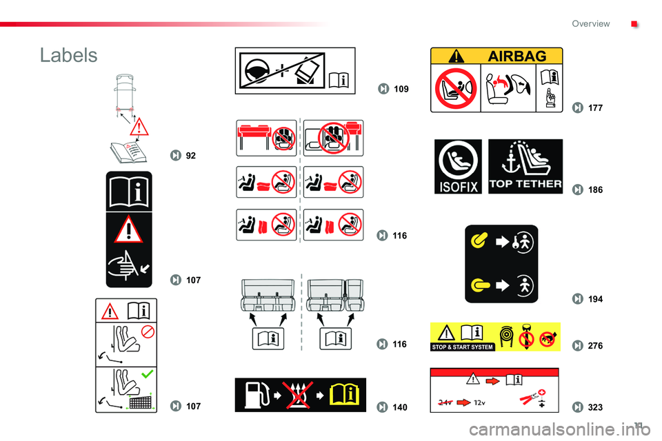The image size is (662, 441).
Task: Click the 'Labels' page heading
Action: [x=68, y=55]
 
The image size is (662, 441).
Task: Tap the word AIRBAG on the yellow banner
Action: [x=516, y=56]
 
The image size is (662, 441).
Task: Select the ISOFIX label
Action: [x=458, y=167]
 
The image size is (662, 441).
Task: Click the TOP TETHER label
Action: [x=525, y=167]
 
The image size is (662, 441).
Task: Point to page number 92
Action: [x=191, y=156]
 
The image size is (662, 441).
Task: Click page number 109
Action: [x=401, y=89]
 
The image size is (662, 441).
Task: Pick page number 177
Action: [x=595, y=108]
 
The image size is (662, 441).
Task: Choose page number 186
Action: [x=595, y=190]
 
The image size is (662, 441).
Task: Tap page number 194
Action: [x=595, y=299]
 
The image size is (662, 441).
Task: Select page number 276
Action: [x=595, y=346]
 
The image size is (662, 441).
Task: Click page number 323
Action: [x=595, y=407]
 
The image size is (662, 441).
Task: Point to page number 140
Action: [x=400, y=407]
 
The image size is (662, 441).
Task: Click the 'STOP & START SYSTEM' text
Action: [x=462, y=347]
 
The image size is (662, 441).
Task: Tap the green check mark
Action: [x=147, y=374]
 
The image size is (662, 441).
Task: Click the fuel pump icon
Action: [x=257, y=395]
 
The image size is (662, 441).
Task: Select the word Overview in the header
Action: [x=591, y=23]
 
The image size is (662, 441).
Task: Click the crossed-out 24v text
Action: [x=445, y=402]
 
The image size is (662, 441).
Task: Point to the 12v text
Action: [x=479, y=402]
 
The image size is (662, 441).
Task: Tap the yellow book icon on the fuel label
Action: [x=345, y=395]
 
